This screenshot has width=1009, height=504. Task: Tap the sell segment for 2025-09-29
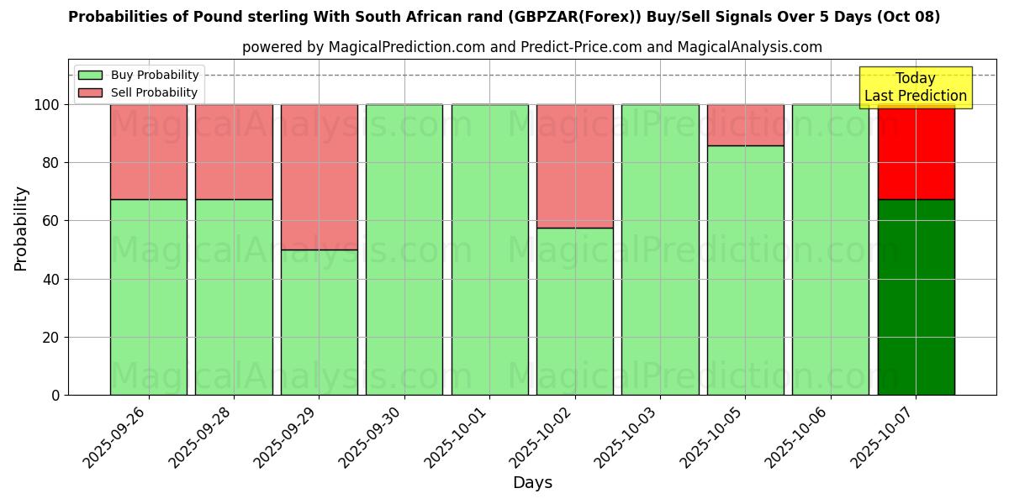(320, 177)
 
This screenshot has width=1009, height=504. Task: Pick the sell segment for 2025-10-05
(745, 125)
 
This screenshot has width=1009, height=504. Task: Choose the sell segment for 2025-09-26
(149, 152)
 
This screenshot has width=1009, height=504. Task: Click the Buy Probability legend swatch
(90, 75)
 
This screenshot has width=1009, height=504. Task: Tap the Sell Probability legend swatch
(90, 92)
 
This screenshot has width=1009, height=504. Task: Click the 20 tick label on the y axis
(52, 338)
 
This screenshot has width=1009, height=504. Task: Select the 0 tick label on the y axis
(56, 396)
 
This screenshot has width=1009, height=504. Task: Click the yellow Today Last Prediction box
(916, 87)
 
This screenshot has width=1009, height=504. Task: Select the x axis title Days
(532, 483)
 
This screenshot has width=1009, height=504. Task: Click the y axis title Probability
(21, 228)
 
